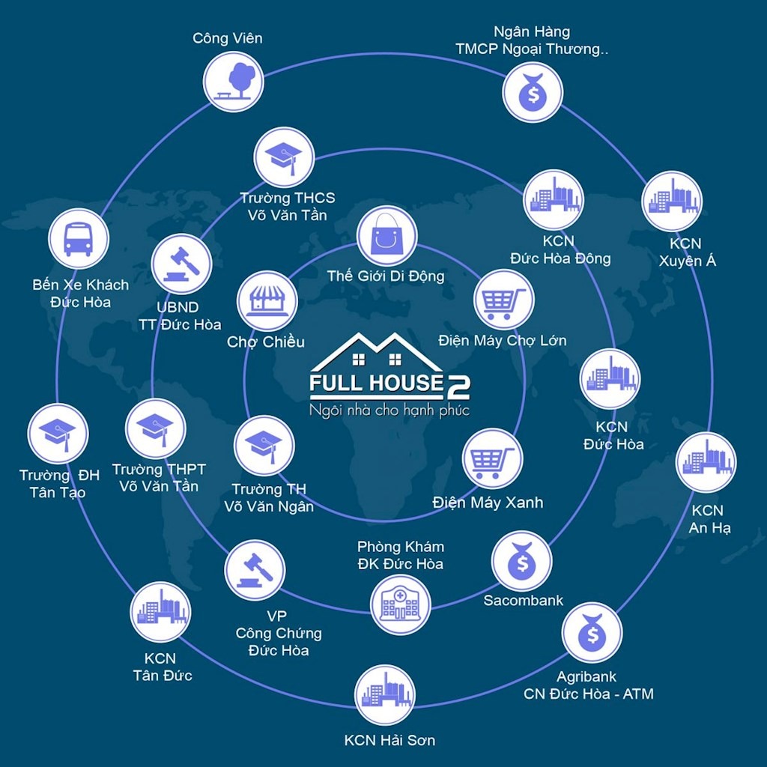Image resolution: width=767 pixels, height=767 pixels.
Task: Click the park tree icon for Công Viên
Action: click(234, 81)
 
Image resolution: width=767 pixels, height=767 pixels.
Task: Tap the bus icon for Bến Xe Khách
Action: click(78, 238)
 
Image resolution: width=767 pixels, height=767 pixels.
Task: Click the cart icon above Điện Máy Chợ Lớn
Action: click(504, 300)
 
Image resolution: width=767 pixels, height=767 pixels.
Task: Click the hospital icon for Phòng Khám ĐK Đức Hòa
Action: click(401, 604)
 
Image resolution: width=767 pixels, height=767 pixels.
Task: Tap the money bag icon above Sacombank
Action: click(522, 561)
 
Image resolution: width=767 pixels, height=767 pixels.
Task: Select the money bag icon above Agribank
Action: click(592, 633)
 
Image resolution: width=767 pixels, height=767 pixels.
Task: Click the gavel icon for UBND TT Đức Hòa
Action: click(181, 264)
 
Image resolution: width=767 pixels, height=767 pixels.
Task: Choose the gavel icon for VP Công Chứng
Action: click(255, 570)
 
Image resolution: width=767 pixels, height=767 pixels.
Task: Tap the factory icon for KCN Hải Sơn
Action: click(384, 694)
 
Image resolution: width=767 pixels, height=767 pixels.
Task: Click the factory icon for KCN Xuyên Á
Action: click(672, 201)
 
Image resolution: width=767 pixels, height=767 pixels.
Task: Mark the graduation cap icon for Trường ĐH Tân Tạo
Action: click(58, 433)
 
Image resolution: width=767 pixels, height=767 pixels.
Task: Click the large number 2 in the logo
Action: click(458, 385)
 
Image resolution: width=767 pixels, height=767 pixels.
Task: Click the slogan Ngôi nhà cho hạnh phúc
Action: click(389, 410)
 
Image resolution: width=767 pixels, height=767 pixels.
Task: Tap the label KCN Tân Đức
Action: click(163, 667)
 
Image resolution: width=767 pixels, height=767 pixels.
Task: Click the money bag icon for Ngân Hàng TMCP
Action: click(532, 91)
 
